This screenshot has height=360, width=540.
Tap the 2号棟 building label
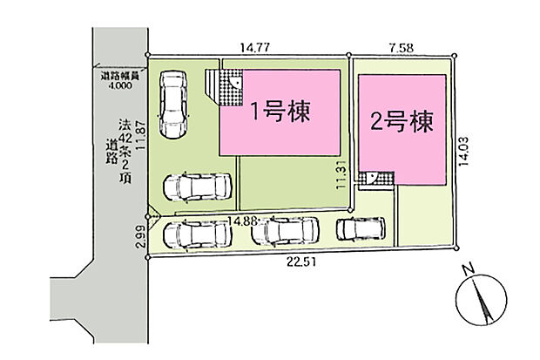[402, 122]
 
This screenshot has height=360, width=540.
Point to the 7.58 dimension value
[402, 51]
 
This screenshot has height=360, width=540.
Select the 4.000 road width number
[122, 86]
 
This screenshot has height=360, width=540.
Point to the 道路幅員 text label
[122, 78]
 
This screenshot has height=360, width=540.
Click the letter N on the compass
[469, 268]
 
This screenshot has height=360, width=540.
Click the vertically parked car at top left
[172, 103]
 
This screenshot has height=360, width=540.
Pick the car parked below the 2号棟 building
[359, 229]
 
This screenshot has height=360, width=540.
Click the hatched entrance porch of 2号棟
[380, 179]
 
